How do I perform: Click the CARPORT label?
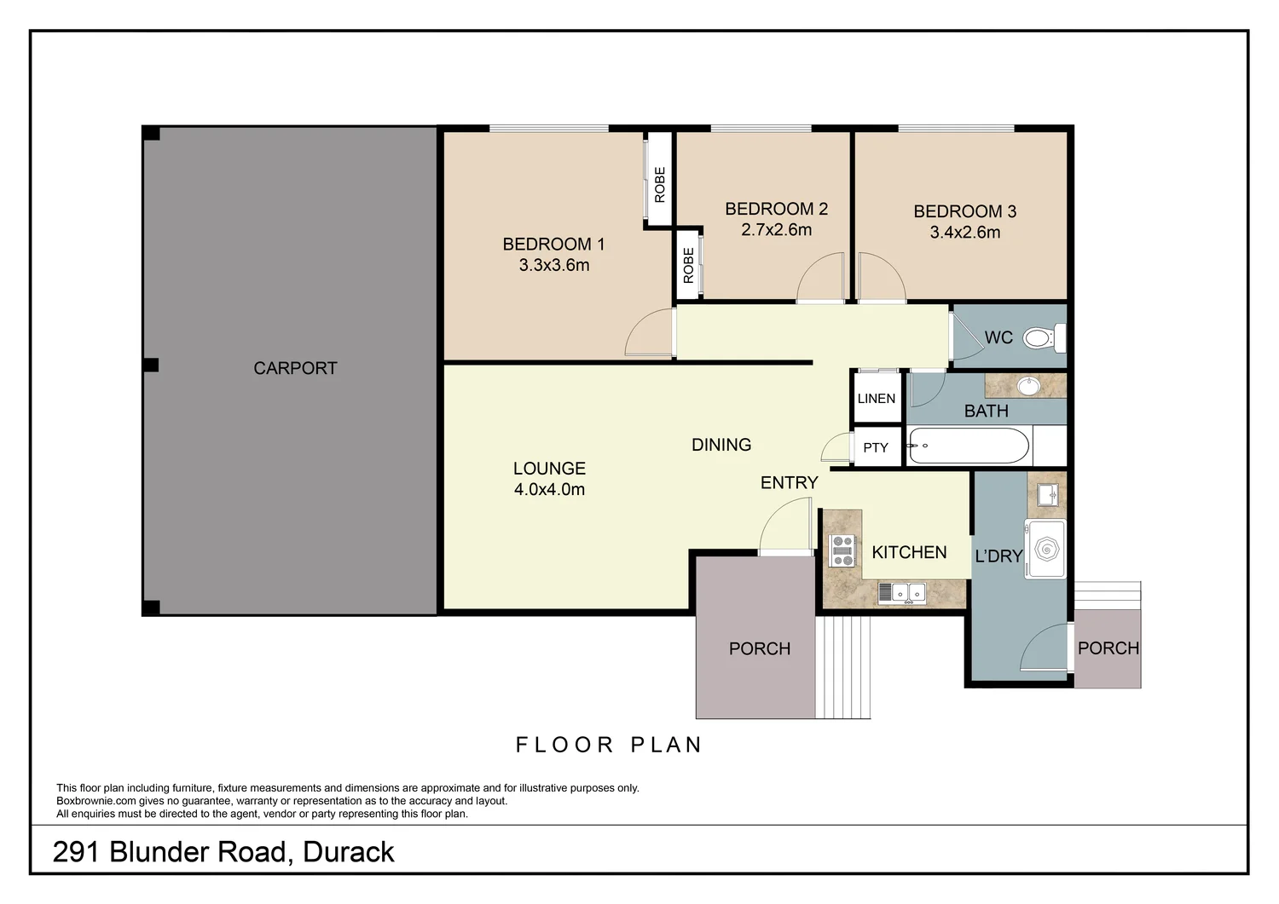[295, 368]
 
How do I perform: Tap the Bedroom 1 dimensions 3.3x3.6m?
[554, 265]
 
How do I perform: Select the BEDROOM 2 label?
[776, 209]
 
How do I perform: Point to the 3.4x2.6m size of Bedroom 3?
[964, 232]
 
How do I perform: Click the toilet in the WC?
[1042, 338]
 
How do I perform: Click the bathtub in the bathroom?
[969, 446]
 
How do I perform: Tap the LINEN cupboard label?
[877, 399]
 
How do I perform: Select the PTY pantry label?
[876, 447]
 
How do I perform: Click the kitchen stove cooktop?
[842, 550]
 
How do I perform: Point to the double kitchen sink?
[902, 590]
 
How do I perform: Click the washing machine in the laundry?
[1045, 549]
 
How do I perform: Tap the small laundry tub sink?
[1047, 494]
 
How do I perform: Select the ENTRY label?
[789, 483]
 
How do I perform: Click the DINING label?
[721, 445]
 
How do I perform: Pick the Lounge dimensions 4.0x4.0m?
[549, 490]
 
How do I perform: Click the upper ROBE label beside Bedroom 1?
[659, 184]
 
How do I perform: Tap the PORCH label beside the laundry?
[1108, 648]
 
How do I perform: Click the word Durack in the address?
[349, 852]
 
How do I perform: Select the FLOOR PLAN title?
[609, 745]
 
